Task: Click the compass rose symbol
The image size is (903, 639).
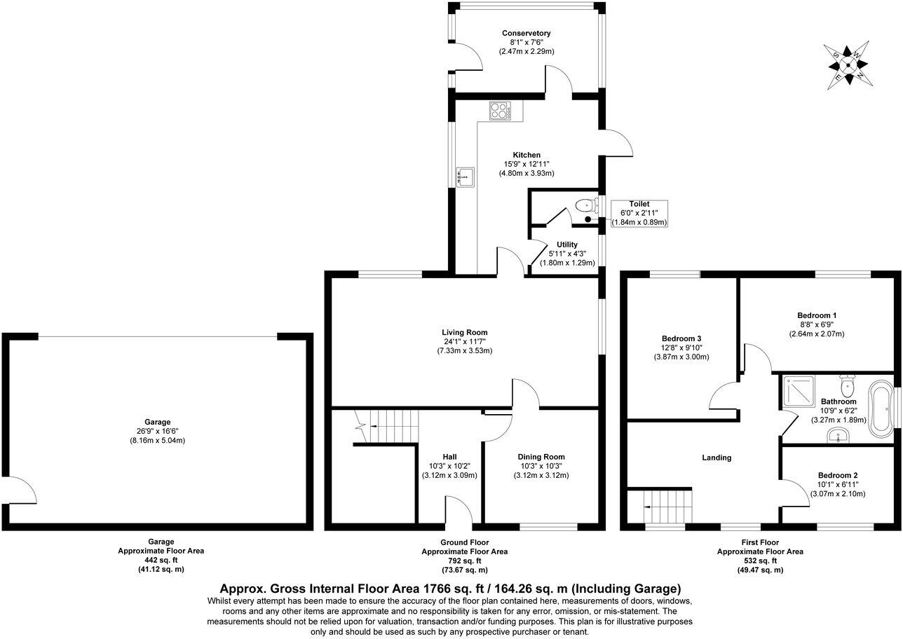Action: click(849, 65)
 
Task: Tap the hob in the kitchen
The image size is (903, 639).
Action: click(500, 111)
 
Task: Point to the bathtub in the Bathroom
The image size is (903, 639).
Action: click(879, 407)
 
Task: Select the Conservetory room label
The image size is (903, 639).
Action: click(526, 33)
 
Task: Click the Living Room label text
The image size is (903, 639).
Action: click(464, 332)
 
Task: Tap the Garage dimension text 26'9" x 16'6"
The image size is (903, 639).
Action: click(158, 431)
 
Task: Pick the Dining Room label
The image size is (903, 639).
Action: click(541, 457)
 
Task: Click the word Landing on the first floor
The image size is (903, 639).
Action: click(717, 458)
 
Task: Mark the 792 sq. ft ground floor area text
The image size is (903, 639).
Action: click(464, 561)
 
